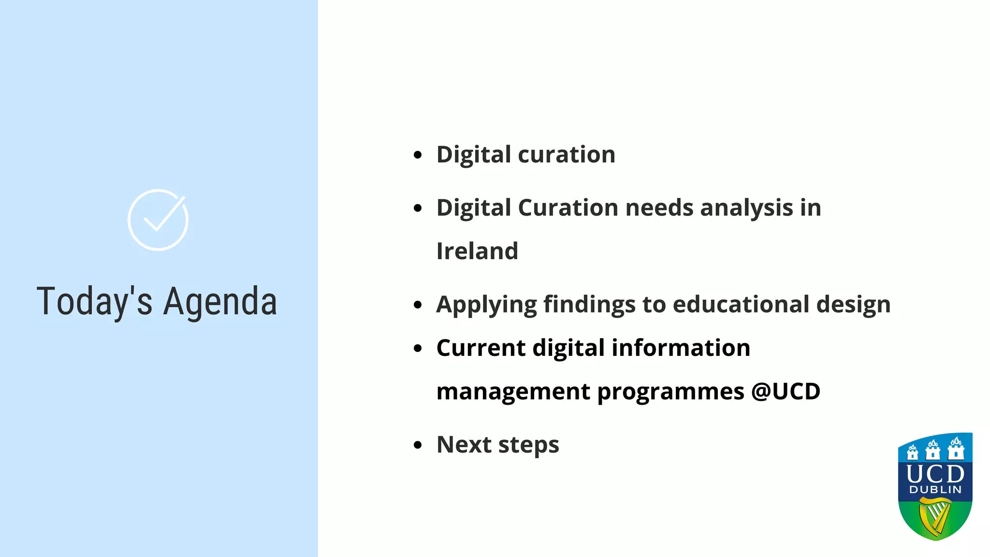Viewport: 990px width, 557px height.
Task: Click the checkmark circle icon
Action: (158, 220)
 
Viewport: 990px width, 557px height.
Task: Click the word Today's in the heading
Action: (94, 302)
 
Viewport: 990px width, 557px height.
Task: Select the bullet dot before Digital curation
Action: (418, 155)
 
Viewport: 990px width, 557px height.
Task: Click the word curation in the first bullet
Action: (567, 155)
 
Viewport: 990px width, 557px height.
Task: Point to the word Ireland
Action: (477, 251)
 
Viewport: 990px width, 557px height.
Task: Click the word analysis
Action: (746, 208)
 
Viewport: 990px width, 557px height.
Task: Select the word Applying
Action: (486, 305)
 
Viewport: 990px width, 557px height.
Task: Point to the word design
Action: (853, 305)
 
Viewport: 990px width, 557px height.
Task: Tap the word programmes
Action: (670, 392)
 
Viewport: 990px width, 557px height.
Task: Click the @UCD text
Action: (786, 391)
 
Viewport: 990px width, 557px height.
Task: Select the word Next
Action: (464, 444)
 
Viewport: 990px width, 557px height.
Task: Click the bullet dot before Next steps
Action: (418, 445)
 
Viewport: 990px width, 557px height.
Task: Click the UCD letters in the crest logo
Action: (935, 474)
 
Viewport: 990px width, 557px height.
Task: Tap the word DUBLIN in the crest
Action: (935, 490)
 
